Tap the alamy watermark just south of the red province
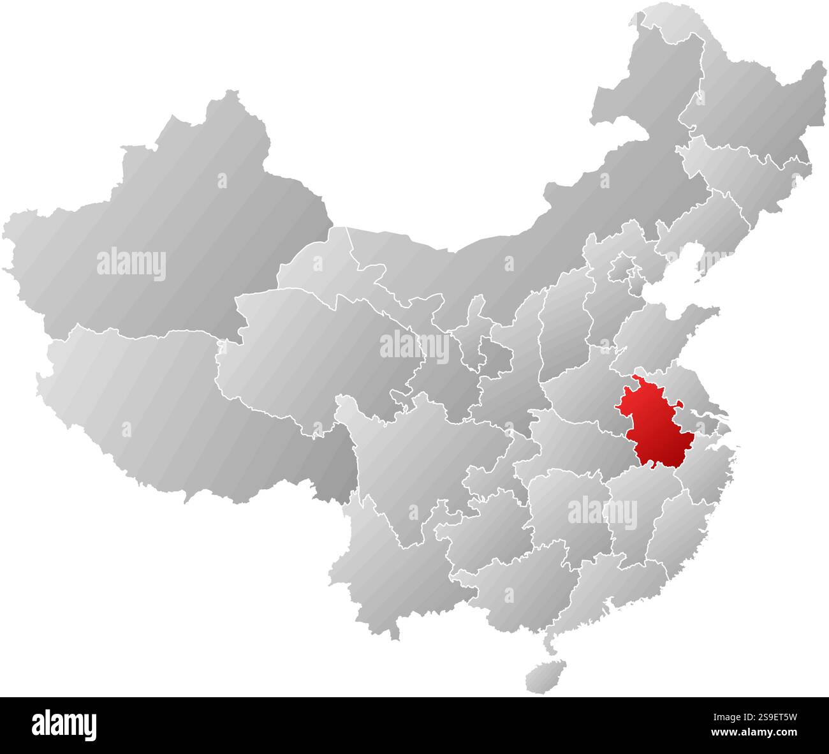[x=602, y=513]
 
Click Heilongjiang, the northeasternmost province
[x=752, y=102]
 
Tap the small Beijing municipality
[x=622, y=268]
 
